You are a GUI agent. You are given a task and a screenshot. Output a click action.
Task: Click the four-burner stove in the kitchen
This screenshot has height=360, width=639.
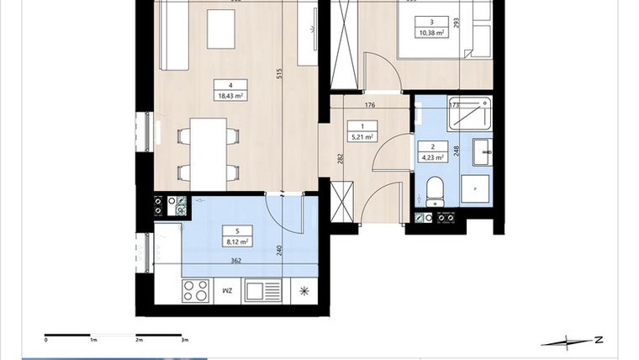[x=196, y=290]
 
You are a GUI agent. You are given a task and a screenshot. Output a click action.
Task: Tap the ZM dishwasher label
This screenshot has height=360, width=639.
[x=226, y=291]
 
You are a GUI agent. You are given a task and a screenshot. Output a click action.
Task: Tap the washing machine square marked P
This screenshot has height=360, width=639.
[x=476, y=190]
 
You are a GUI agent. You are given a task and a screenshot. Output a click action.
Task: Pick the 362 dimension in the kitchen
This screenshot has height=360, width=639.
[x=237, y=262]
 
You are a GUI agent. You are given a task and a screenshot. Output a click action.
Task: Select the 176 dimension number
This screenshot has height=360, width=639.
[x=368, y=105]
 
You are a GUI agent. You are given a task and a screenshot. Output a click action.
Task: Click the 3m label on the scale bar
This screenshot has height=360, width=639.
[x=184, y=341]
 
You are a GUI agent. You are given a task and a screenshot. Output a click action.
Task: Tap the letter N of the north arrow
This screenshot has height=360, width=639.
[x=597, y=340]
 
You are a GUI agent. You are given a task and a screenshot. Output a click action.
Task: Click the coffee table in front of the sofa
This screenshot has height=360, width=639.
[x=222, y=29]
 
